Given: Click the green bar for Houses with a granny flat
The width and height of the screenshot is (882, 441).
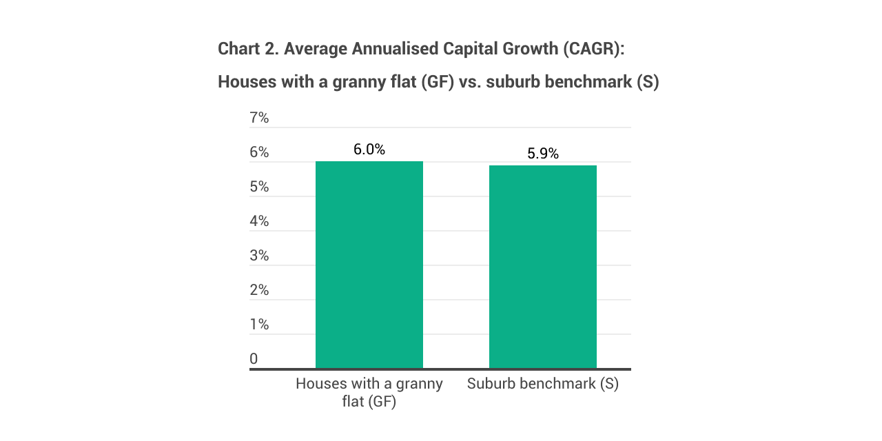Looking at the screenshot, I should click(369, 265).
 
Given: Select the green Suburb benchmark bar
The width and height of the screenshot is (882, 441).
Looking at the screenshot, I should click(542, 267).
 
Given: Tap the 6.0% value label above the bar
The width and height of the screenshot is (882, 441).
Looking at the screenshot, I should click(369, 150).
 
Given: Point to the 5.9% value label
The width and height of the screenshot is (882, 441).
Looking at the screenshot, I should click(542, 154).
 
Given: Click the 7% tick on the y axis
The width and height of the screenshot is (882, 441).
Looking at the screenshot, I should click(259, 118).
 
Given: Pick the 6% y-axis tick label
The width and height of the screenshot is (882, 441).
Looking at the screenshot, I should click(259, 152).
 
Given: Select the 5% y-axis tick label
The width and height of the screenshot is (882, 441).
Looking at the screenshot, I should click(259, 187).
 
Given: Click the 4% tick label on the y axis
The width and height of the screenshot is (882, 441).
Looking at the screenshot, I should click(259, 221).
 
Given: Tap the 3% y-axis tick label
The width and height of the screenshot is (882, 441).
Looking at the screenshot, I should click(259, 256).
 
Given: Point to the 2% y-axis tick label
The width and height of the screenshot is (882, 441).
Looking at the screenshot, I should click(259, 290).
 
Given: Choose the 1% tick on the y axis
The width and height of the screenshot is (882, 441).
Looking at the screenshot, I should click(259, 325).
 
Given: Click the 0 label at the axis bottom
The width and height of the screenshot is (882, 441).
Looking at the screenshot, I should click(254, 359).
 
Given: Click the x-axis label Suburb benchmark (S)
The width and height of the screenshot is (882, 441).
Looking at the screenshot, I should click(542, 384).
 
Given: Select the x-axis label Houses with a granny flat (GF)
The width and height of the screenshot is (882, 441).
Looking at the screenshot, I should click(369, 392).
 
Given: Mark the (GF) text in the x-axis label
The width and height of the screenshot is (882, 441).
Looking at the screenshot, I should click(382, 402).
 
